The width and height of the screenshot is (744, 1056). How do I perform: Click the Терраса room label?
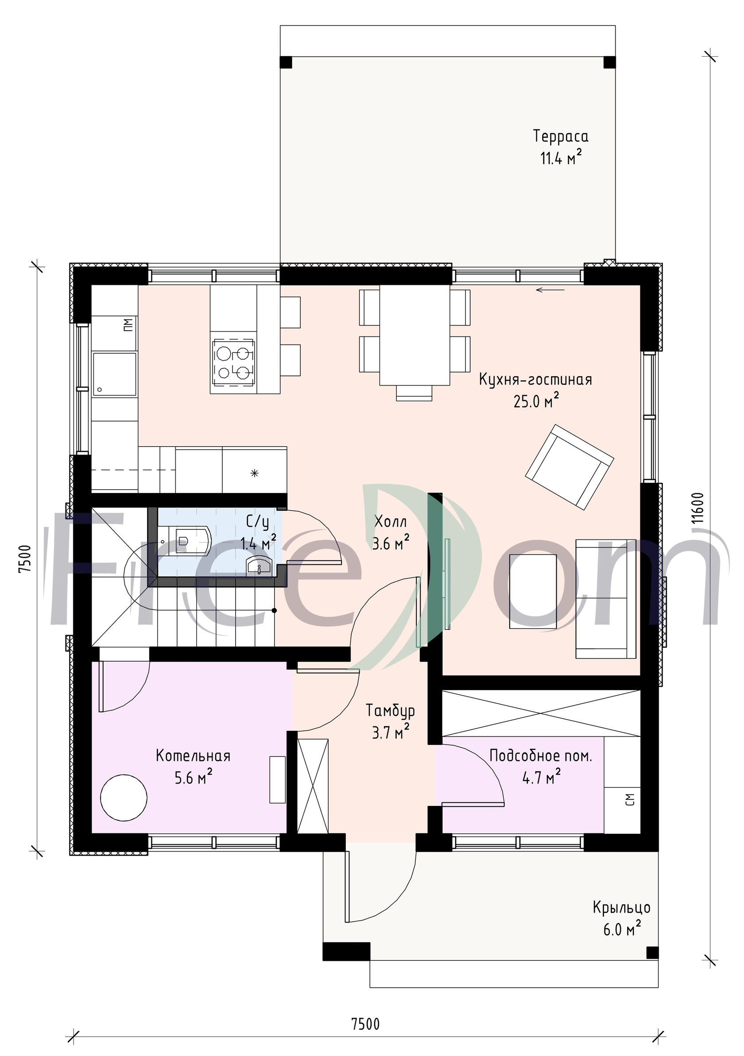tap(560, 137)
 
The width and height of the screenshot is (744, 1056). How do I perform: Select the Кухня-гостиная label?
tap(535, 380)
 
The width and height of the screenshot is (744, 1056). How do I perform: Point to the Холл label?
tap(391, 521)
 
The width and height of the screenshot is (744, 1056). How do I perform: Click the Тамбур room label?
tap(390, 710)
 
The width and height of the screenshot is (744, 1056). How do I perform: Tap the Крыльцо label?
tap(622, 907)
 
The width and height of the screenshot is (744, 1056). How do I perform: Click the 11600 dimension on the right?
tap(698, 508)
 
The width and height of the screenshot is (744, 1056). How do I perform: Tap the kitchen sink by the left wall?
tap(115, 374)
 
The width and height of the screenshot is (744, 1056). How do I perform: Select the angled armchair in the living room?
tap(569, 466)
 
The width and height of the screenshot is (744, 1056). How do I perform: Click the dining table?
tap(415, 335)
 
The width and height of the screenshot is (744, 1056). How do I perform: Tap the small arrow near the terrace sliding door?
tap(550, 290)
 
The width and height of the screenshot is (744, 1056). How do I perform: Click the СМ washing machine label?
tap(630, 799)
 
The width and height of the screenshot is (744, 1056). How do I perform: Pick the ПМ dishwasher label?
tap(128, 325)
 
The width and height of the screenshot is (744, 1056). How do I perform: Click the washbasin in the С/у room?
tap(260, 565)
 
